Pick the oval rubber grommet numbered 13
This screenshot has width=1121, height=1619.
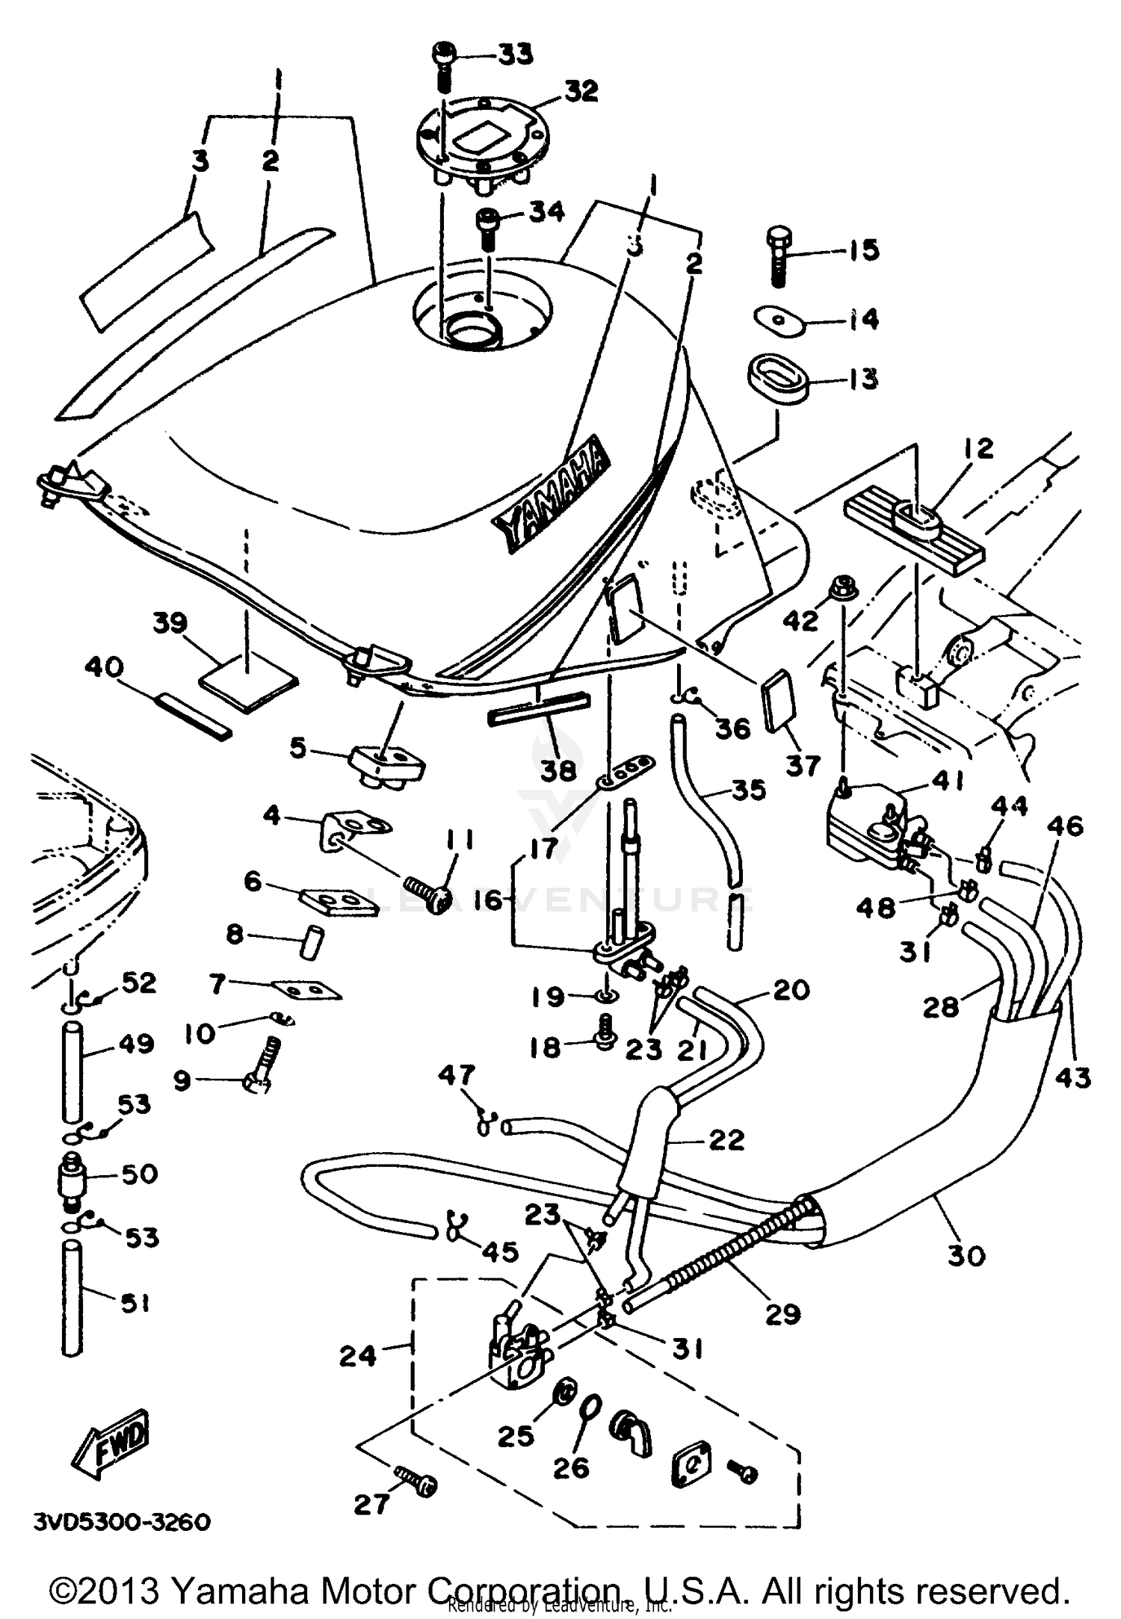[779, 381]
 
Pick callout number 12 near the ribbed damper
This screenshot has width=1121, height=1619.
[978, 449]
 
